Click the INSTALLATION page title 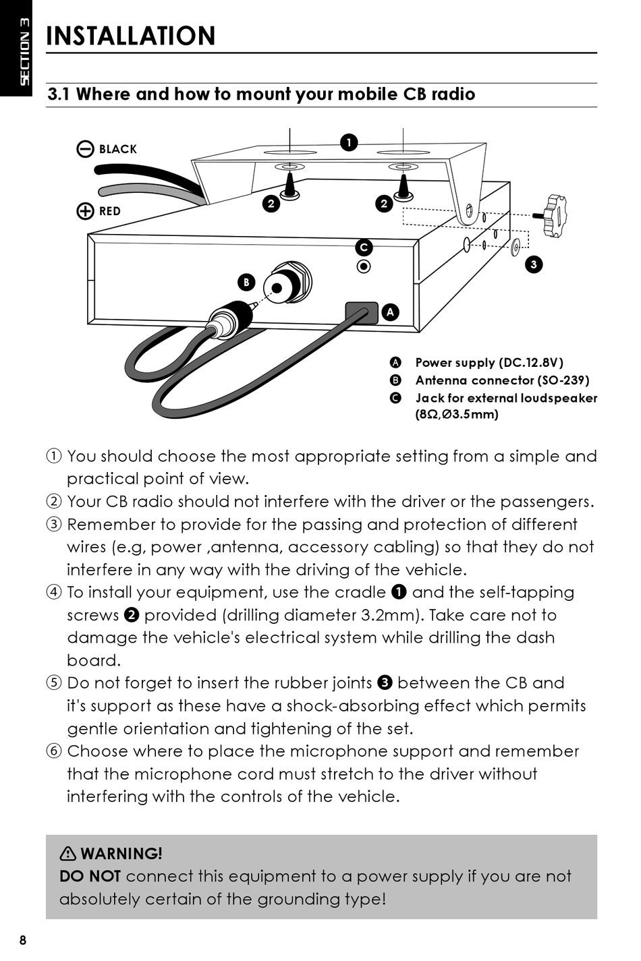tap(130, 36)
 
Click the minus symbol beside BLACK tap(85, 149)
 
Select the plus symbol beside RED tap(85, 211)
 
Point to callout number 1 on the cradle tap(348, 142)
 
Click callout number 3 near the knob tap(534, 264)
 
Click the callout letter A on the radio tap(390, 312)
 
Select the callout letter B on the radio tap(246, 282)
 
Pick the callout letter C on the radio tap(364, 247)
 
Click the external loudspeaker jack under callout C tap(364, 266)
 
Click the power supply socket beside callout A tap(361, 312)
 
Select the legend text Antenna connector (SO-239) tap(502, 380)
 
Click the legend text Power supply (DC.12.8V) tap(489, 363)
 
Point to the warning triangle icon tap(67, 854)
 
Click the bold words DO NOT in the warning tap(90, 877)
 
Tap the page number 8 tap(23, 940)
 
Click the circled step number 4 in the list tap(54, 593)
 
